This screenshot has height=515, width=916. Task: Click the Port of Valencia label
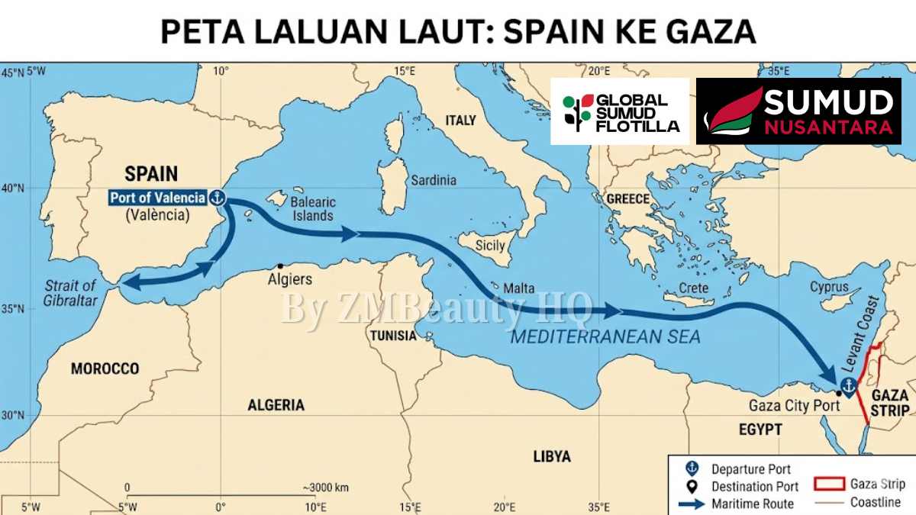point(157,198)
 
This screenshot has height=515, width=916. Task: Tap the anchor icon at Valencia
point(218,198)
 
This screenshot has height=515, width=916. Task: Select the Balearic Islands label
point(313,209)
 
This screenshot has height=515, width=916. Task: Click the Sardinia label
point(434,181)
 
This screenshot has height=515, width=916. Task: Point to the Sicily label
point(490,246)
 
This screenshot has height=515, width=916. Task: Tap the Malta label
point(519,289)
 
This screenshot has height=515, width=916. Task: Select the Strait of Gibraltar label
point(70,293)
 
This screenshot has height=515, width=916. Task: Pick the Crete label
point(693,288)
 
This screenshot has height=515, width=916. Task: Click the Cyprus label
point(829,288)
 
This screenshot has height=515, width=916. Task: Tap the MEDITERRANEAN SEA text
point(605,336)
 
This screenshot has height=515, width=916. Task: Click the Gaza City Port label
point(794,406)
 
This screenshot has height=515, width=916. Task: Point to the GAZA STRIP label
point(890,402)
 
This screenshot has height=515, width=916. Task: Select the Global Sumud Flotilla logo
point(620,111)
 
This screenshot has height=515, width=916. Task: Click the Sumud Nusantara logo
point(798,111)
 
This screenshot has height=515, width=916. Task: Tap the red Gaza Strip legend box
point(828,484)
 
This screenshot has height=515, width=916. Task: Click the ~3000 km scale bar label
point(326,488)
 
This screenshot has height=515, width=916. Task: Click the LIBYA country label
point(551,456)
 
